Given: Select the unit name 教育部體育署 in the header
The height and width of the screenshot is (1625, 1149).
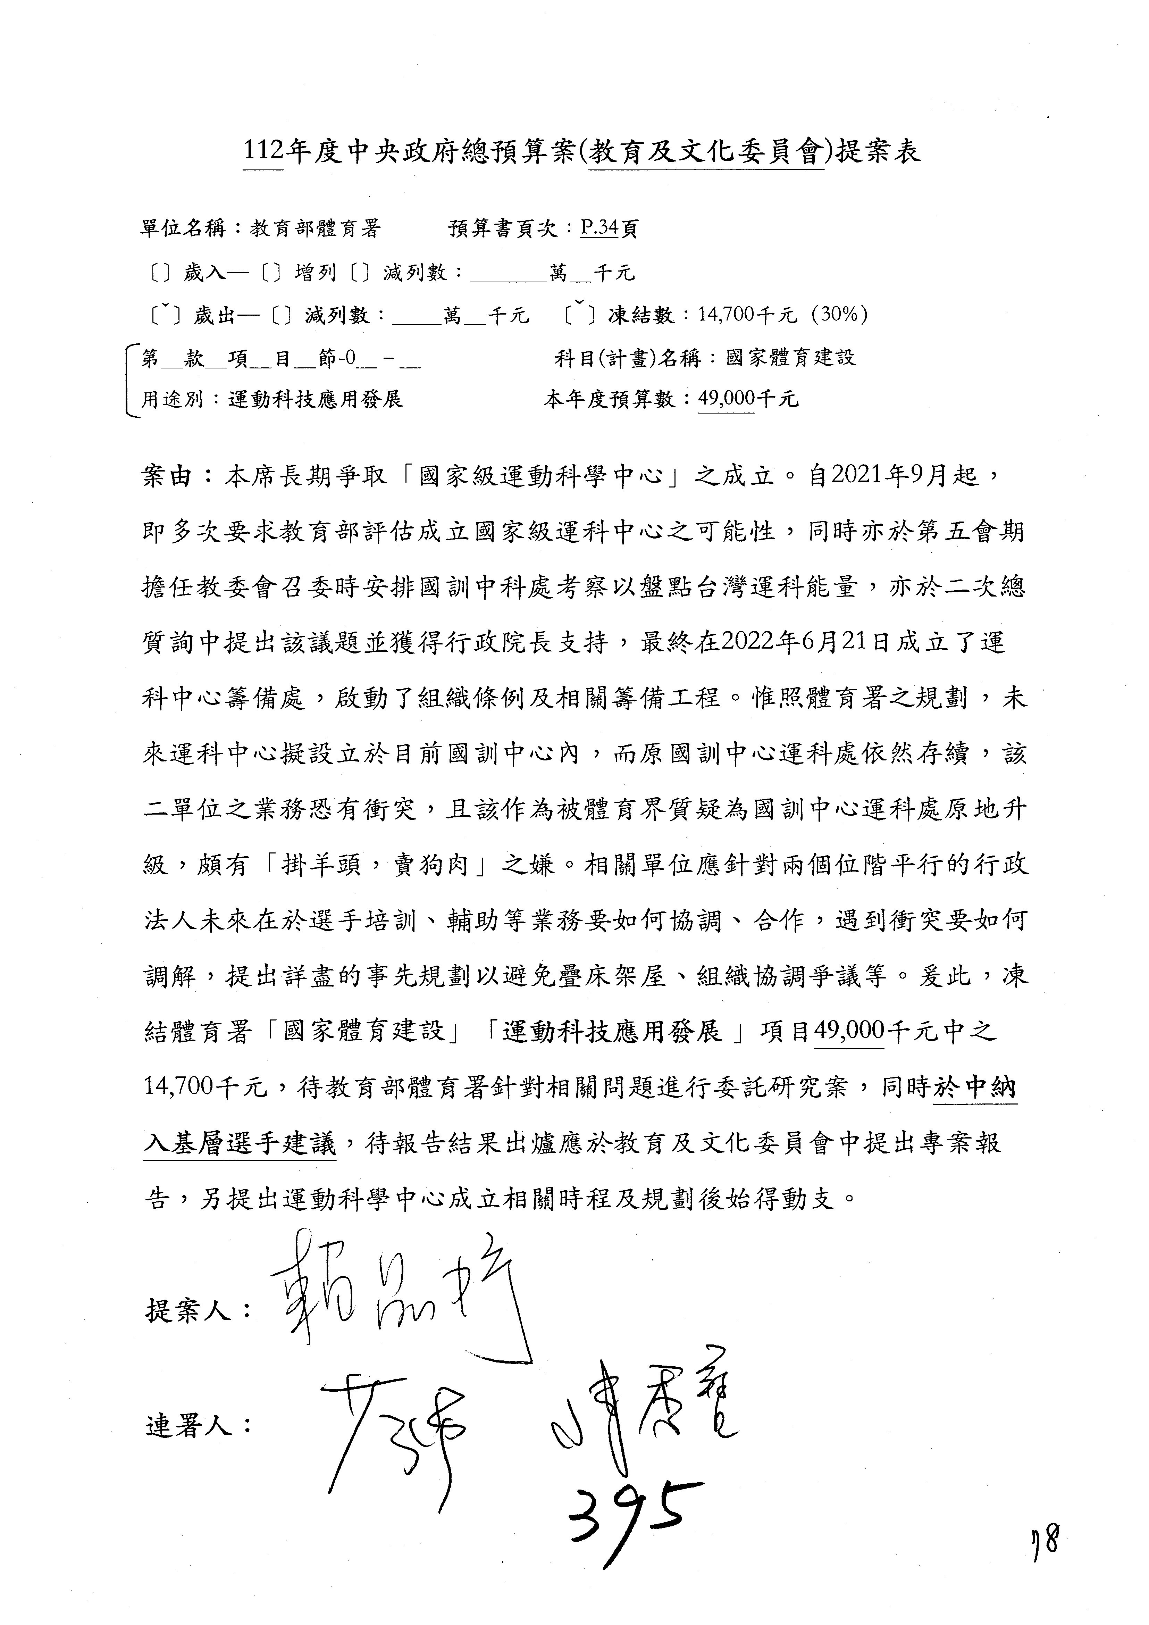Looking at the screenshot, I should pos(315,228).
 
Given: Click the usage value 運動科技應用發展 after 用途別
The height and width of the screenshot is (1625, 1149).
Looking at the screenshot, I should pos(315,400).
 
